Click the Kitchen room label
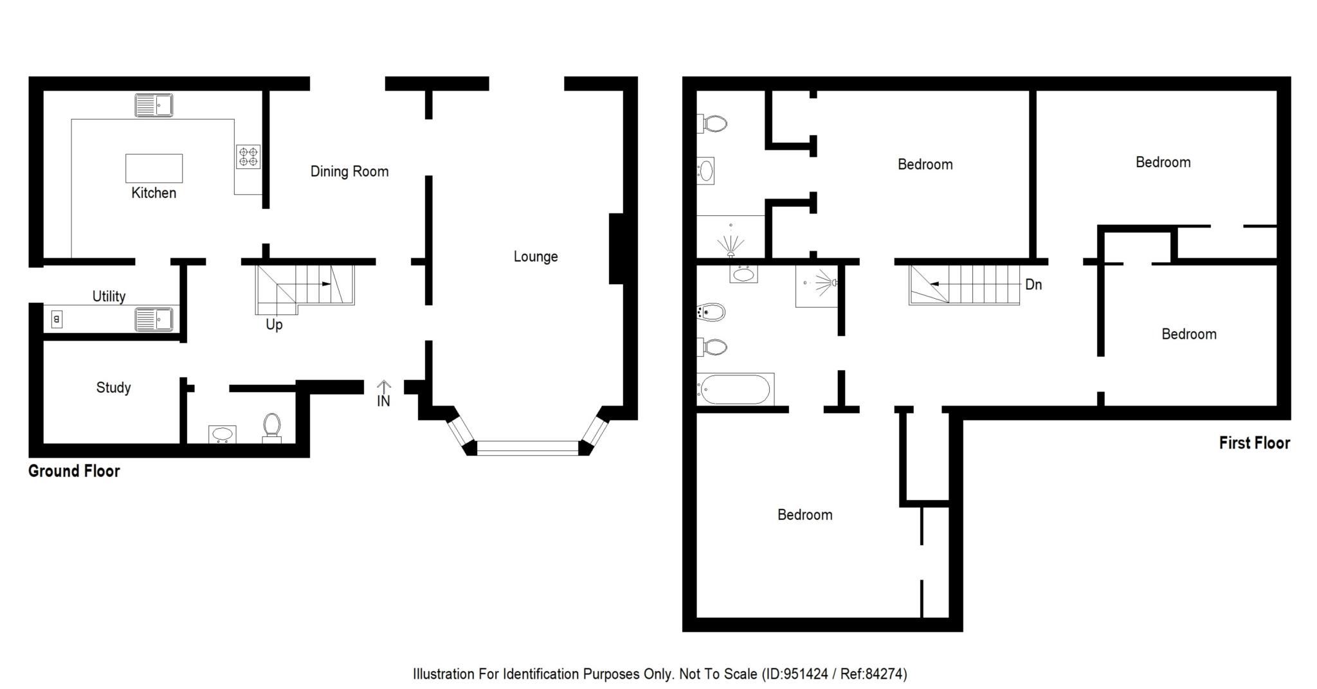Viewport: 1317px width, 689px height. (x=154, y=193)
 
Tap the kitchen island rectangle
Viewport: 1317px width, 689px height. (x=154, y=168)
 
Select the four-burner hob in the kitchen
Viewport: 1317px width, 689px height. (x=248, y=156)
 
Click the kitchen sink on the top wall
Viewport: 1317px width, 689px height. (x=154, y=105)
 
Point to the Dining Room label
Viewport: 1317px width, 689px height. (x=349, y=172)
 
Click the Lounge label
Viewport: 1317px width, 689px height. (x=536, y=257)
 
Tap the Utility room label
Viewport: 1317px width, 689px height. (x=109, y=296)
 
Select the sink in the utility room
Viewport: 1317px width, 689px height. (x=154, y=319)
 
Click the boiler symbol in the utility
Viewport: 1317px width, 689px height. (x=57, y=319)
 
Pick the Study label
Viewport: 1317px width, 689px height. (x=113, y=388)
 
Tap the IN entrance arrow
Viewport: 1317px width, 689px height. (x=383, y=393)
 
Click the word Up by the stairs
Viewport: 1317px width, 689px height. (x=274, y=325)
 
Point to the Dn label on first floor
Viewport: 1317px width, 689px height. (x=1033, y=284)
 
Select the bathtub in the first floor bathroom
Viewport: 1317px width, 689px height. (x=735, y=389)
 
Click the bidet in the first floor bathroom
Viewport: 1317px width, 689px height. (x=711, y=313)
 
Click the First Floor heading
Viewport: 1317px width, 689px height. (x=1255, y=443)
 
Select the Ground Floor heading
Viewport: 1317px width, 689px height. (x=74, y=471)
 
